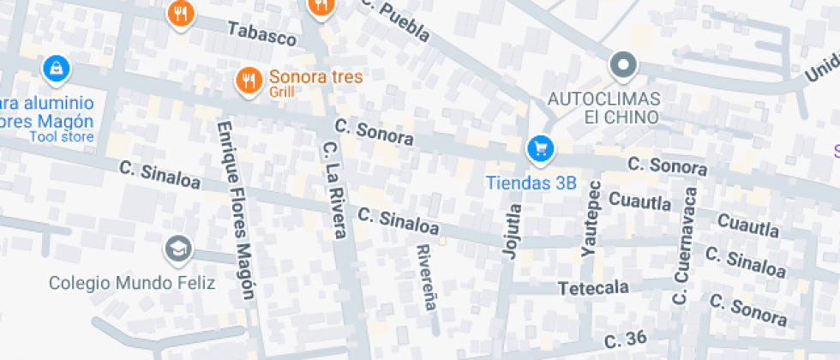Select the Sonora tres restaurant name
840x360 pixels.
[315, 76]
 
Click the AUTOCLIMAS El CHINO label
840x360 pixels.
[603, 106]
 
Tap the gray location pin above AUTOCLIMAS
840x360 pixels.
[623, 64]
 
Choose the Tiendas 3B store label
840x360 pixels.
[531, 182]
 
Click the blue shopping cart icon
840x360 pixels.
[540, 149]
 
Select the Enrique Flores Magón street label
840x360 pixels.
[236, 209]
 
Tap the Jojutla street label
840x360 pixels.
[510, 229]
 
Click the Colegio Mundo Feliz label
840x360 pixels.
[131, 282]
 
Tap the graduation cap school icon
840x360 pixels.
[178, 249]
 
